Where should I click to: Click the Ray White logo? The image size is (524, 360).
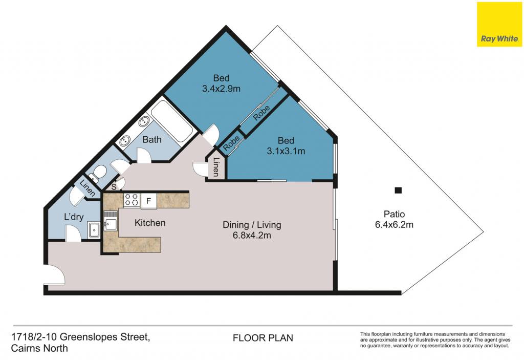500,24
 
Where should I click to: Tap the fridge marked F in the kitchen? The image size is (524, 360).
149,201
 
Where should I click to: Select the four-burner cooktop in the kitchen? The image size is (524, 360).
132,200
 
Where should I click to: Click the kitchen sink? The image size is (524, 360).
111,221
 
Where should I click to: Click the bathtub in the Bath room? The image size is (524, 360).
171,121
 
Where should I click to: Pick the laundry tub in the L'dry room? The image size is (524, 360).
94,230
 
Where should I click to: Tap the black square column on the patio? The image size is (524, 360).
398,190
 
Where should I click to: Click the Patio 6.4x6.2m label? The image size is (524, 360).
395,219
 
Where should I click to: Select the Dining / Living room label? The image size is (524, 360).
252,225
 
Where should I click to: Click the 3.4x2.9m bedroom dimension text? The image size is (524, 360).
221,89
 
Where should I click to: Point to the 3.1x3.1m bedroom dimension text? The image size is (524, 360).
286,151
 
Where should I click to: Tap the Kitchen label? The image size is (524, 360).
150,223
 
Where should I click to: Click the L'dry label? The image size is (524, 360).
74,217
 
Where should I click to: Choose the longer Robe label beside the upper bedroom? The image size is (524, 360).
261,113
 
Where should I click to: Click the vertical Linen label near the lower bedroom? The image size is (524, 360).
216,166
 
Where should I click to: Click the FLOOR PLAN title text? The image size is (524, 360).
263,338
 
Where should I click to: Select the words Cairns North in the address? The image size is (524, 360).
39,348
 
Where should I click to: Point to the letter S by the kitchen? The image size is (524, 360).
114,187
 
